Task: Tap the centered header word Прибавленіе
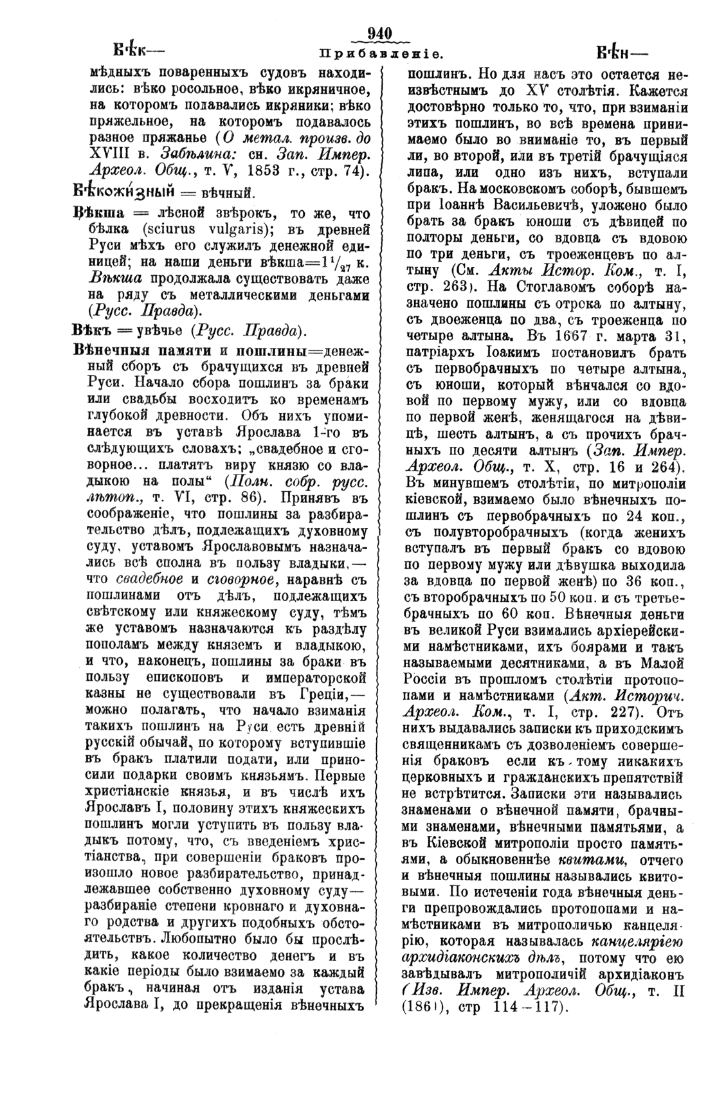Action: [379, 51]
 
